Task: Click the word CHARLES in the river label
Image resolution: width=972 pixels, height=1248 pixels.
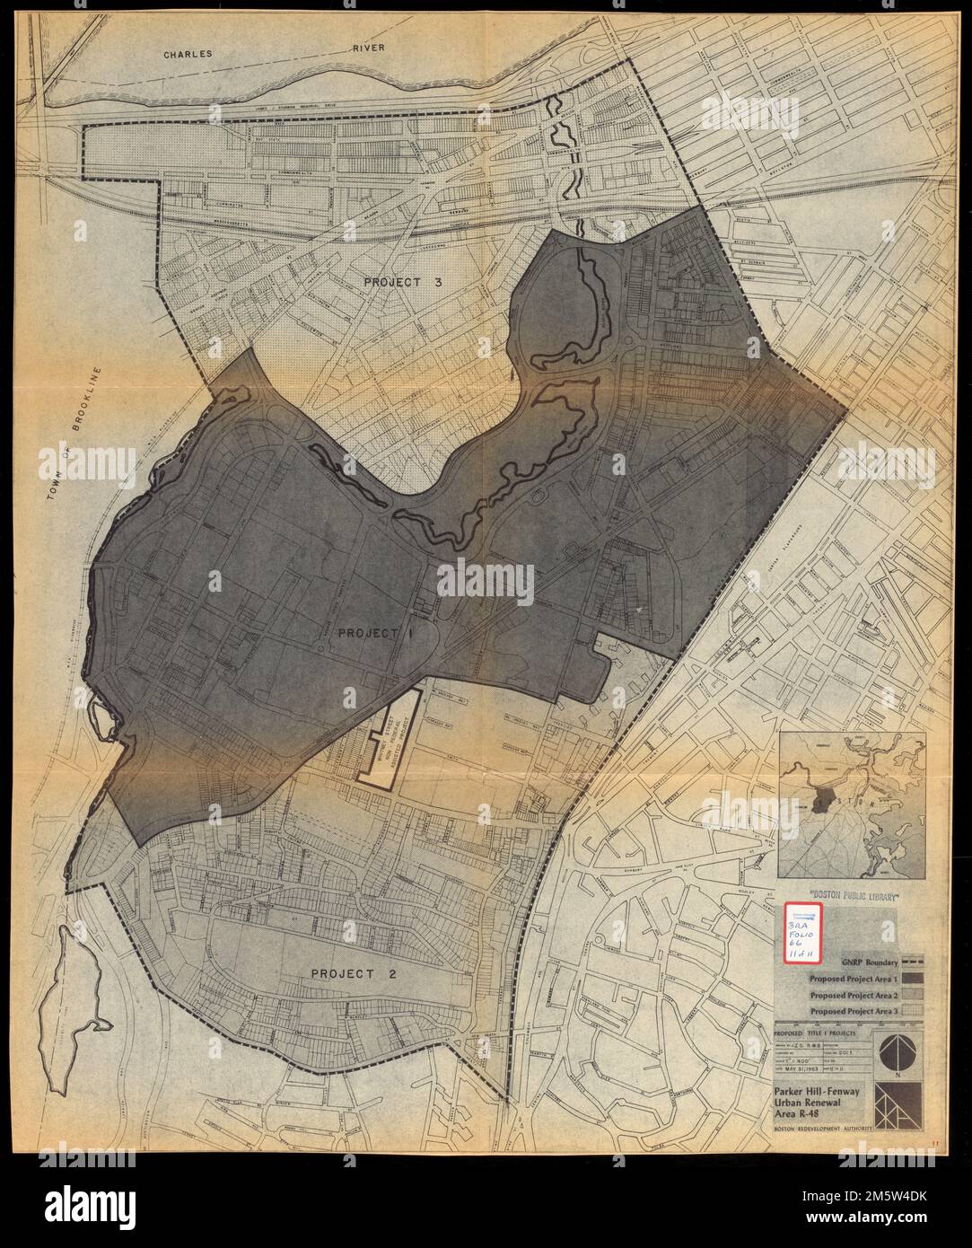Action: [x=188, y=55]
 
